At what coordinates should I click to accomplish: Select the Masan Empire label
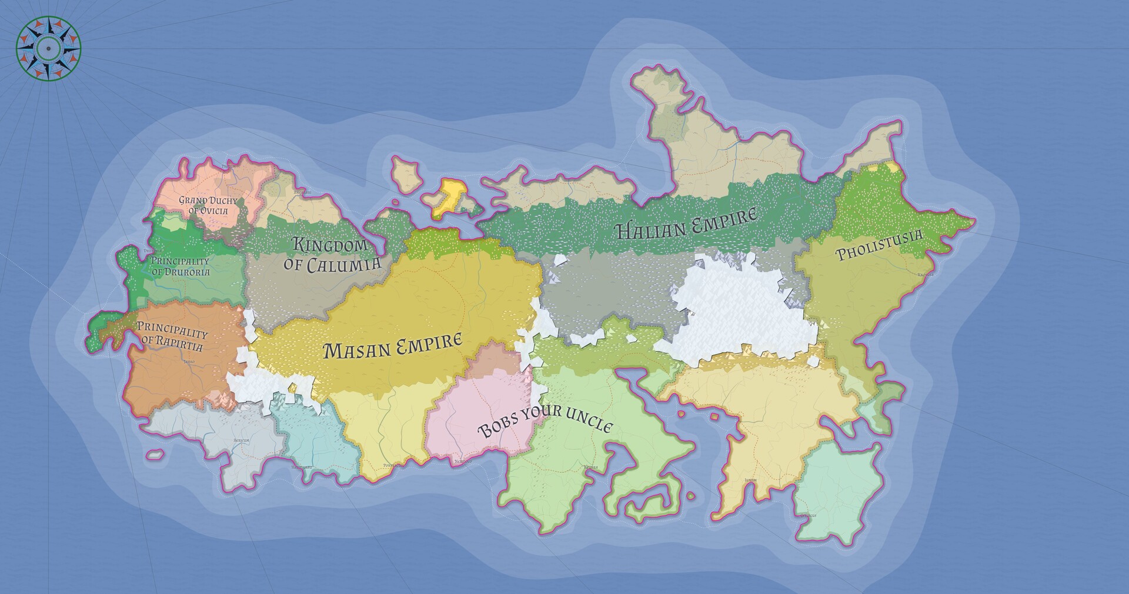tap(393, 347)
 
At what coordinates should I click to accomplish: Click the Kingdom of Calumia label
tap(332, 255)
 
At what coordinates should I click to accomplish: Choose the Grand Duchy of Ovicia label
tap(208, 205)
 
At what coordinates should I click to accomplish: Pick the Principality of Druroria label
tap(180, 266)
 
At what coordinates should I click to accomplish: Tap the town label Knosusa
tap(925, 275)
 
